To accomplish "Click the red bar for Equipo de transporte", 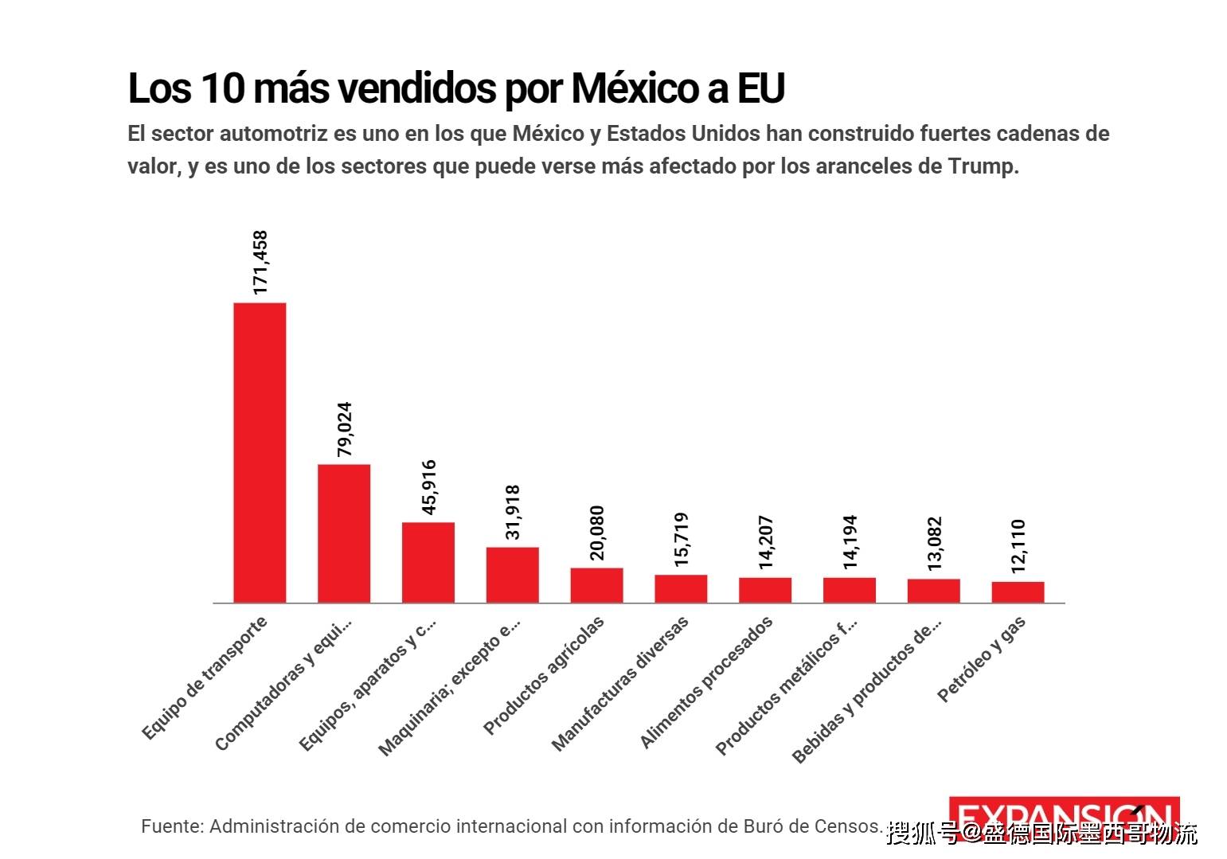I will click(x=260, y=452).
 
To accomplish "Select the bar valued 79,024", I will click(x=344, y=533).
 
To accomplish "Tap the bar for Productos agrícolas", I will click(x=596, y=585).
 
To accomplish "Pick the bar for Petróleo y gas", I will click(x=1018, y=592).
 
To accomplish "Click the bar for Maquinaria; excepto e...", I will click(x=512, y=575).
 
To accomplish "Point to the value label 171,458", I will click(x=260, y=263).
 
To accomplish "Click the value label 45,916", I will click(x=429, y=486).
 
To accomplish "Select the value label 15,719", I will click(x=682, y=539).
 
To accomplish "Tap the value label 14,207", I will click(x=766, y=542).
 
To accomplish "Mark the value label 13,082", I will click(x=934, y=543).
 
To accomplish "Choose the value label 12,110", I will click(x=1018, y=546).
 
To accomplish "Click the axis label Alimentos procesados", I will click(x=706, y=682).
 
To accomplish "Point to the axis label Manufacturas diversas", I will click(x=619, y=684).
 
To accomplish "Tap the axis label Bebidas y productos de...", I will click(x=866, y=690).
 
